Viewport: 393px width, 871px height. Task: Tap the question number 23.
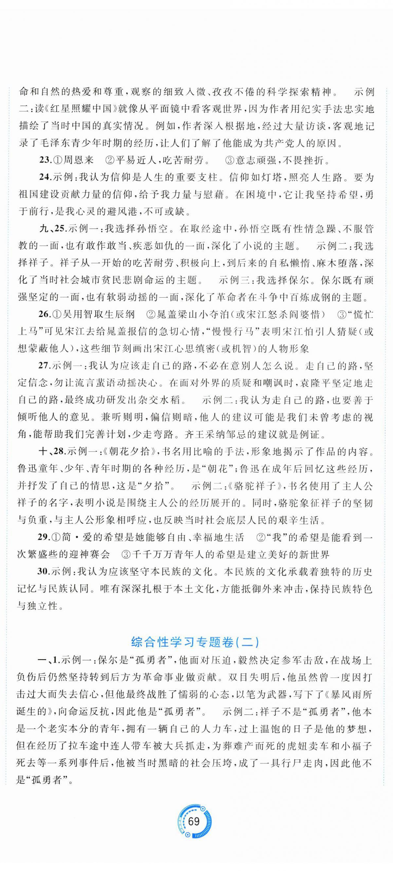[45, 160]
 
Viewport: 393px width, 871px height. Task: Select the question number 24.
[45, 177]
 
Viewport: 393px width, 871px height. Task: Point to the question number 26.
[44, 314]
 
